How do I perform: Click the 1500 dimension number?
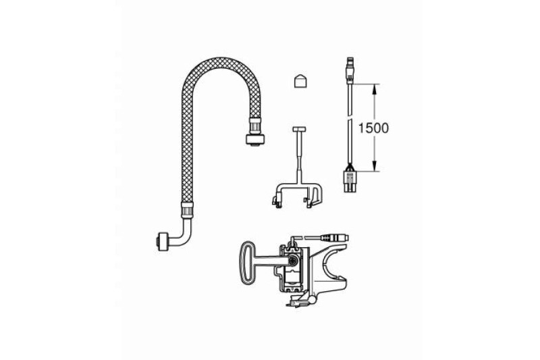[373, 128]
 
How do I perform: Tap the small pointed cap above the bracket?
[300, 81]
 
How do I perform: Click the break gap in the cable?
[350, 118]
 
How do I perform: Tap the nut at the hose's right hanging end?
[255, 138]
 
